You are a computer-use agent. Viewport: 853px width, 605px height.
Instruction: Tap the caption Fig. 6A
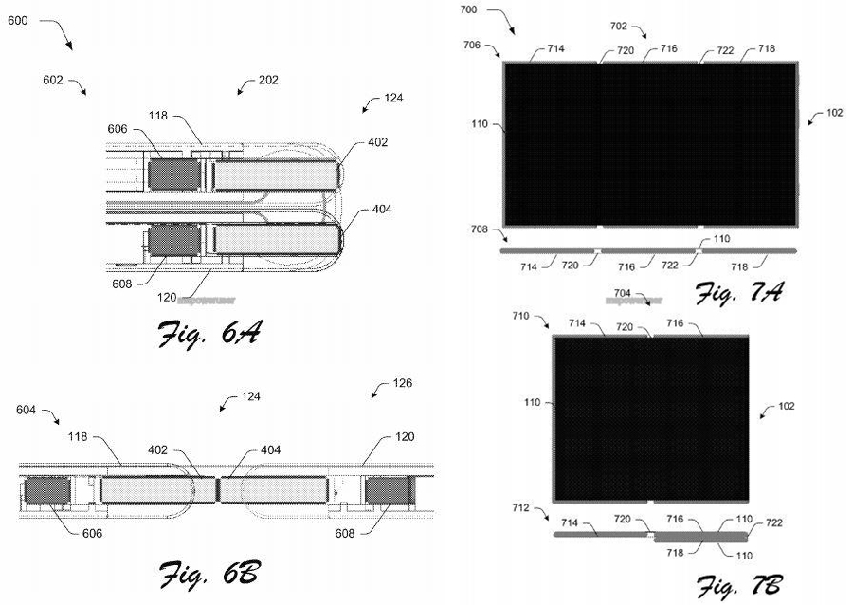(209, 334)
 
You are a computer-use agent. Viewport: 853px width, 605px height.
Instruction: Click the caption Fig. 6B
(209, 574)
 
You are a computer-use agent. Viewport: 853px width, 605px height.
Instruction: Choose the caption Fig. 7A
(736, 293)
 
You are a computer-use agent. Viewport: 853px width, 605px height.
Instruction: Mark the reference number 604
(29, 411)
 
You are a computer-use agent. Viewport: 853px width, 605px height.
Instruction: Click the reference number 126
(404, 386)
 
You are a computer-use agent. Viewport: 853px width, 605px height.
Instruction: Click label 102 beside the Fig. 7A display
(834, 113)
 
